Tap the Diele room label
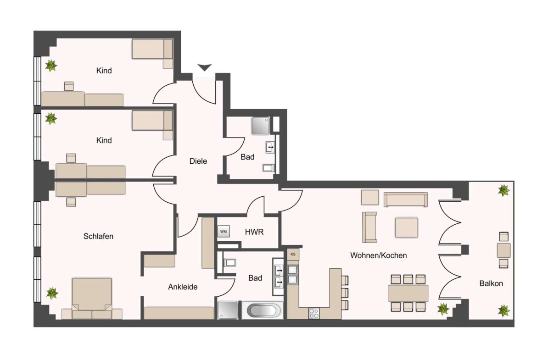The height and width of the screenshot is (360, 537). [198, 161]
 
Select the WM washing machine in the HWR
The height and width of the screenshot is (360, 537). [224, 232]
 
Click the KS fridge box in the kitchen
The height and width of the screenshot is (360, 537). [293, 254]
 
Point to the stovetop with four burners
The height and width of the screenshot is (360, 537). [314, 314]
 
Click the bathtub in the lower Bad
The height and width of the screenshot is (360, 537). [262, 310]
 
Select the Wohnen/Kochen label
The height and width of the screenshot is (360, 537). [378, 255]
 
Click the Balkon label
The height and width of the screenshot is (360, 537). [491, 283]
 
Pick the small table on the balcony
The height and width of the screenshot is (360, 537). [503, 250]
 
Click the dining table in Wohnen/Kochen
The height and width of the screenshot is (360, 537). [408, 293]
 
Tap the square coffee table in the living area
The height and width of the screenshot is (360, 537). [407, 227]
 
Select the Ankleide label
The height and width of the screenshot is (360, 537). [183, 287]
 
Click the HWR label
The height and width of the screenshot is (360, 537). [254, 232]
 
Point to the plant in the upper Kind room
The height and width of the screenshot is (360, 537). [51, 66]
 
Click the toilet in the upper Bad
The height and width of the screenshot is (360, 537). [268, 168]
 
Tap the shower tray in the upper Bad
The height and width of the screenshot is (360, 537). [260, 125]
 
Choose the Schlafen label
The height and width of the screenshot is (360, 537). [98, 237]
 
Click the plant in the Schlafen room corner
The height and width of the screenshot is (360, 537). [52, 293]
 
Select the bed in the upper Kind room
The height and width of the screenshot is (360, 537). [152, 49]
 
